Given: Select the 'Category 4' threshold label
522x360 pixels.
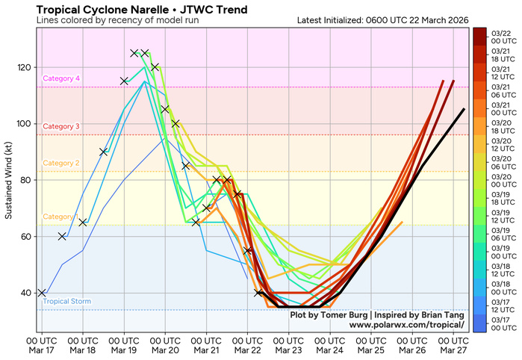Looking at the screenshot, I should [61, 78].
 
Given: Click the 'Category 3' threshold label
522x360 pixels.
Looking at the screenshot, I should [61, 127].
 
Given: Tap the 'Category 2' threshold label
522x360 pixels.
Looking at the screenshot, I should [61, 163].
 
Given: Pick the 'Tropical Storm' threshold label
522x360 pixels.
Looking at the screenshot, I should [67, 302].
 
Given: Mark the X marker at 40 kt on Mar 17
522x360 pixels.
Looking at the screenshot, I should [42, 293].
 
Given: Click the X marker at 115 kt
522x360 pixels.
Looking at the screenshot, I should [124, 81].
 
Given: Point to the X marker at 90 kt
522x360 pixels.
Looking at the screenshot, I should [104, 152].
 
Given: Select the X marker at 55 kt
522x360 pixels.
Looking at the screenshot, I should [248, 250].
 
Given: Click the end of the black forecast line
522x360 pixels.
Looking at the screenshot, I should [464, 109].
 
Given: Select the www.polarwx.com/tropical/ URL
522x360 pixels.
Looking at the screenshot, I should [406, 326].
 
